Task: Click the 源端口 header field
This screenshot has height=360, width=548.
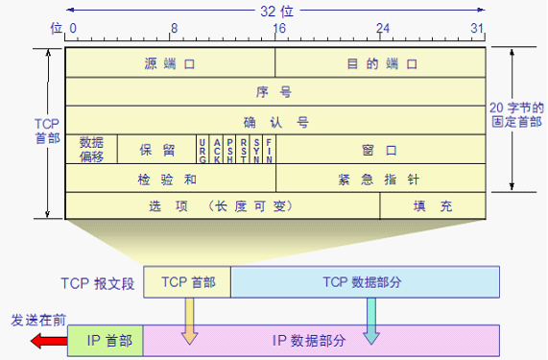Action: pos(170,63)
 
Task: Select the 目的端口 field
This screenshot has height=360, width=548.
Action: pos(381,63)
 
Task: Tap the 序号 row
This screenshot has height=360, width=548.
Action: pos(275,92)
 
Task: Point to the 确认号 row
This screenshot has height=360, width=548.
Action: pos(275,121)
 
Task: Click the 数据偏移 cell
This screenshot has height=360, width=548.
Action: pos(91,149)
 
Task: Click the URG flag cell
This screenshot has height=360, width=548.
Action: pos(203,150)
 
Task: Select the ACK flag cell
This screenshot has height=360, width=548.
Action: pos(216,150)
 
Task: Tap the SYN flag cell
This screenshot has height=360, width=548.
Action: pos(255,150)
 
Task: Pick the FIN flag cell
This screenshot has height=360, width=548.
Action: pos(269,150)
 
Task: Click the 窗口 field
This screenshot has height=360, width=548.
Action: pos(381,150)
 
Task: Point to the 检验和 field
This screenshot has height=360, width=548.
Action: pos(170,179)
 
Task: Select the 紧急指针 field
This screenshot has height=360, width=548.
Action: pos(381,179)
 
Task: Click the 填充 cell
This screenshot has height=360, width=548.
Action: pos(434,205)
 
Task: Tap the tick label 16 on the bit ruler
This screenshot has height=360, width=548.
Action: pos(278,29)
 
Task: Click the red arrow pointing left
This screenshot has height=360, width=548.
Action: pos(46,339)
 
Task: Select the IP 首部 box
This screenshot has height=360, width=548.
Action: pos(108,339)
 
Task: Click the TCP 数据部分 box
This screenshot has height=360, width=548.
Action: pos(365,281)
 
